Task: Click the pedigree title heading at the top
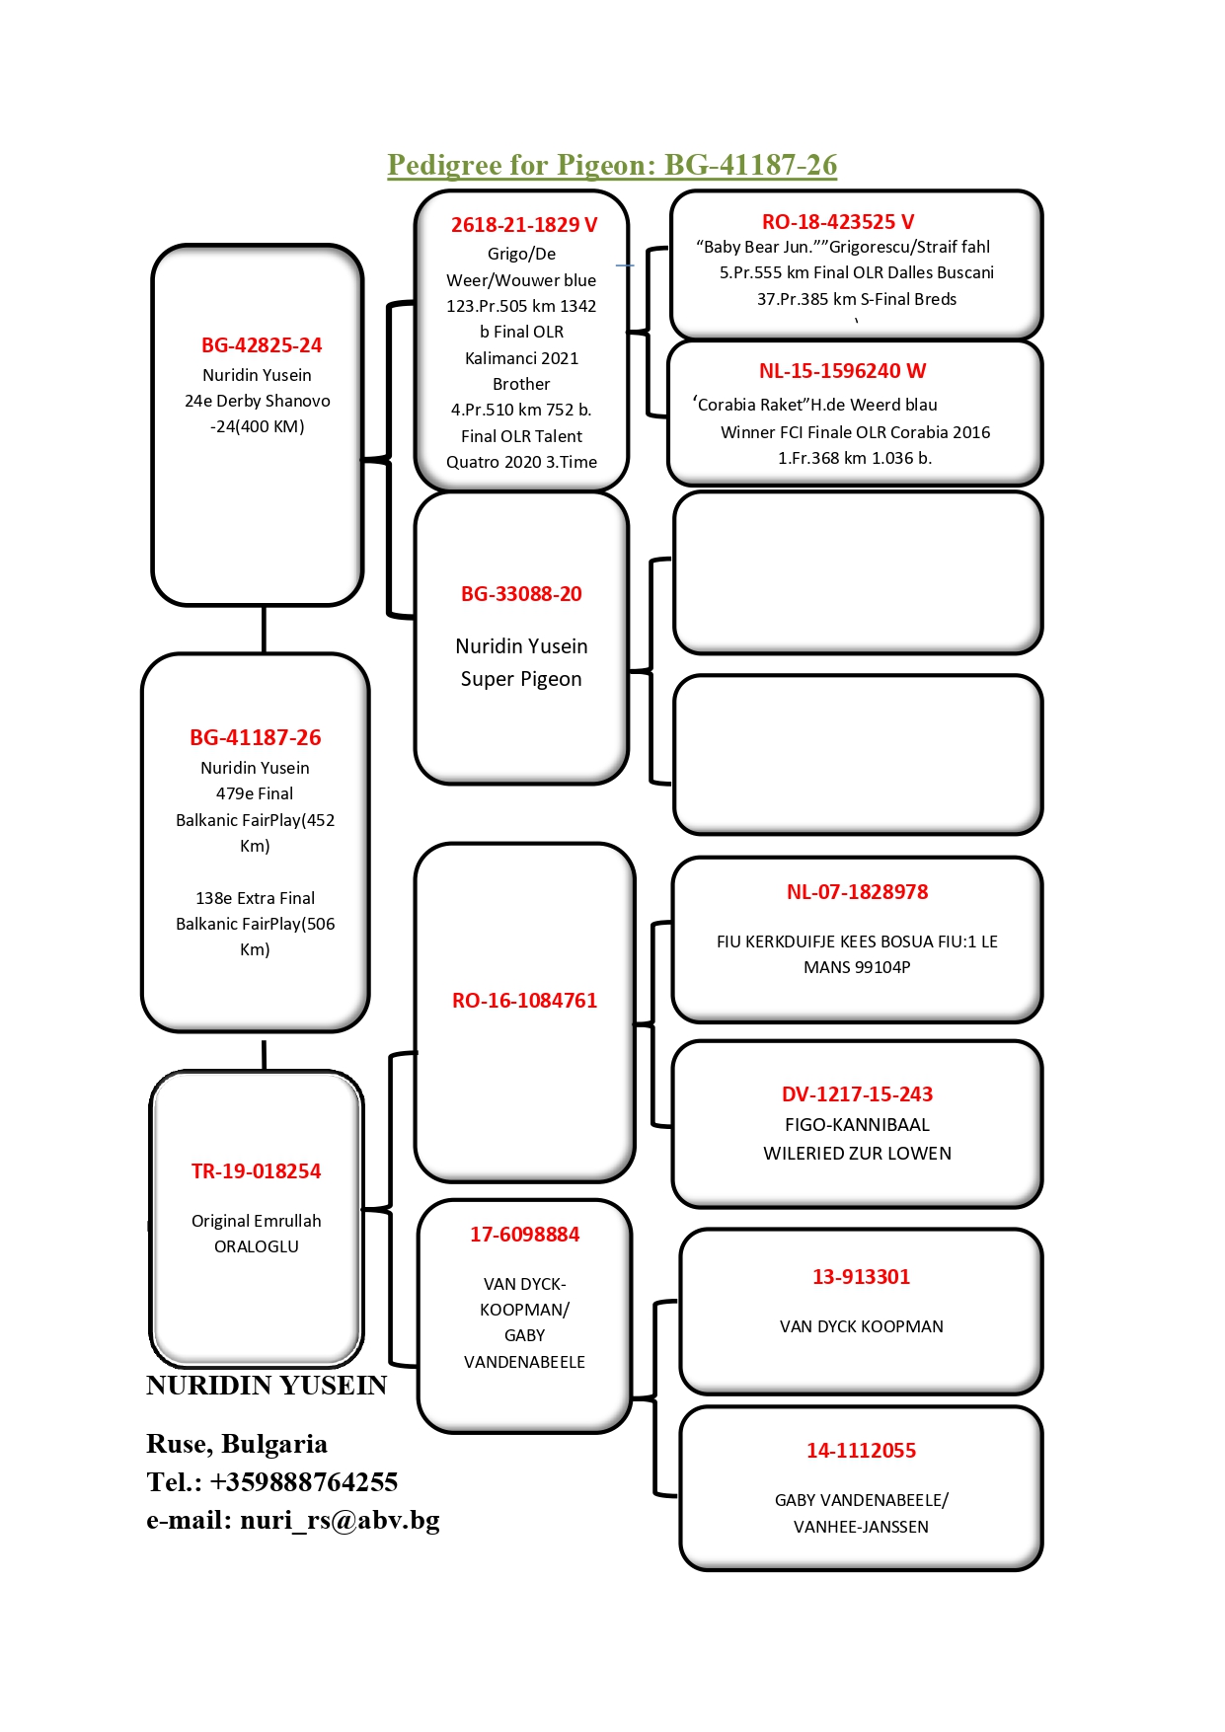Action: click(612, 165)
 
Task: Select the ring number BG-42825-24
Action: click(262, 345)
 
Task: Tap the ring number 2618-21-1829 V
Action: click(524, 225)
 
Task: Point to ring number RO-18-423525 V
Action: click(838, 222)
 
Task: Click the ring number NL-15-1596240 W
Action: click(842, 371)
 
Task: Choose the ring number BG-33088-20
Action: click(521, 594)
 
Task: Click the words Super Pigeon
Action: click(521, 679)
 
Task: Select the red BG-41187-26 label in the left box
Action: click(256, 737)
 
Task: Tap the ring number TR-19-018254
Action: click(257, 1171)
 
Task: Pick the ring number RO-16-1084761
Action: click(525, 1001)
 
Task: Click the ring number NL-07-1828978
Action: click(858, 892)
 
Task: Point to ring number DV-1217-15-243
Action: click(858, 1094)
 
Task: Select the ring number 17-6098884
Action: click(525, 1235)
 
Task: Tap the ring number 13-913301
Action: click(862, 1277)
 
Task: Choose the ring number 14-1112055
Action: click(862, 1451)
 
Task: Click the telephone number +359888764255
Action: click(304, 1482)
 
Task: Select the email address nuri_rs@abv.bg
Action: click(340, 1520)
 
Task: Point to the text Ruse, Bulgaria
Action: click(237, 1445)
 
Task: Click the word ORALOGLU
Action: click(257, 1247)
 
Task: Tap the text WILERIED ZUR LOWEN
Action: click(858, 1154)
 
